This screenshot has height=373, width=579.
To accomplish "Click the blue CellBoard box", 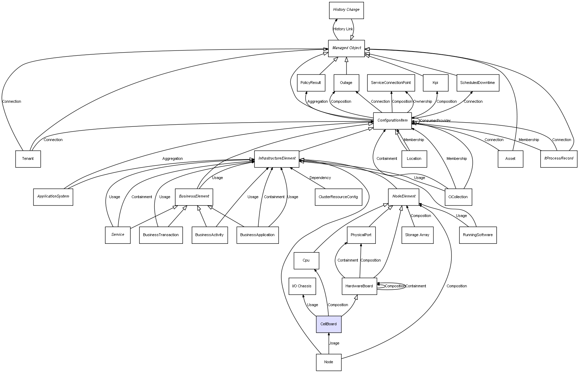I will click(328, 324).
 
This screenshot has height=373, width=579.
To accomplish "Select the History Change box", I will click(346, 10).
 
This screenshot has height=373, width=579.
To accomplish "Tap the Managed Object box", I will click(346, 48).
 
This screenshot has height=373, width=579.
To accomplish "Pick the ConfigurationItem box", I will click(392, 121).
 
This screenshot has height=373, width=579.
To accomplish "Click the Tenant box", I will click(28, 159).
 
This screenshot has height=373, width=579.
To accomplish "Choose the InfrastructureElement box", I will click(277, 158).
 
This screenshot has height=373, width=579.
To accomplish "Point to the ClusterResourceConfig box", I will click(338, 197).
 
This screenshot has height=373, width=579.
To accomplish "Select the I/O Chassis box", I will click(302, 286).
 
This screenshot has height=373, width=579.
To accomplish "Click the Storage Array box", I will click(417, 235).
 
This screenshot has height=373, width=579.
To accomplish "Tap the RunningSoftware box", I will click(478, 235).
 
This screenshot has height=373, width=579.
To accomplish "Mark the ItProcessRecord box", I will click(558, 158).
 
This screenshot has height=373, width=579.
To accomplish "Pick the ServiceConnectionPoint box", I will click(391, 83).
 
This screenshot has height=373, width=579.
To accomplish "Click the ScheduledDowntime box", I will click(477, 83).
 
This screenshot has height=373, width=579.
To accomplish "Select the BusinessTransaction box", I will click(161, 235).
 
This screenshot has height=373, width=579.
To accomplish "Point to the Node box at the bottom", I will click(328, 362).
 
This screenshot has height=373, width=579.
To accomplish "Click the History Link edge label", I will click(343, 29).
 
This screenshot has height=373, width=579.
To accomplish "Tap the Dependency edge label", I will click(320, 178).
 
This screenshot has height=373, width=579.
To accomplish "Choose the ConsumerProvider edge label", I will click(435, 121).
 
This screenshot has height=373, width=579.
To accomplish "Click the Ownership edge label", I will click(422, 101).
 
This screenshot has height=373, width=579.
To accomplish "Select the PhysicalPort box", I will click(361, 235).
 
